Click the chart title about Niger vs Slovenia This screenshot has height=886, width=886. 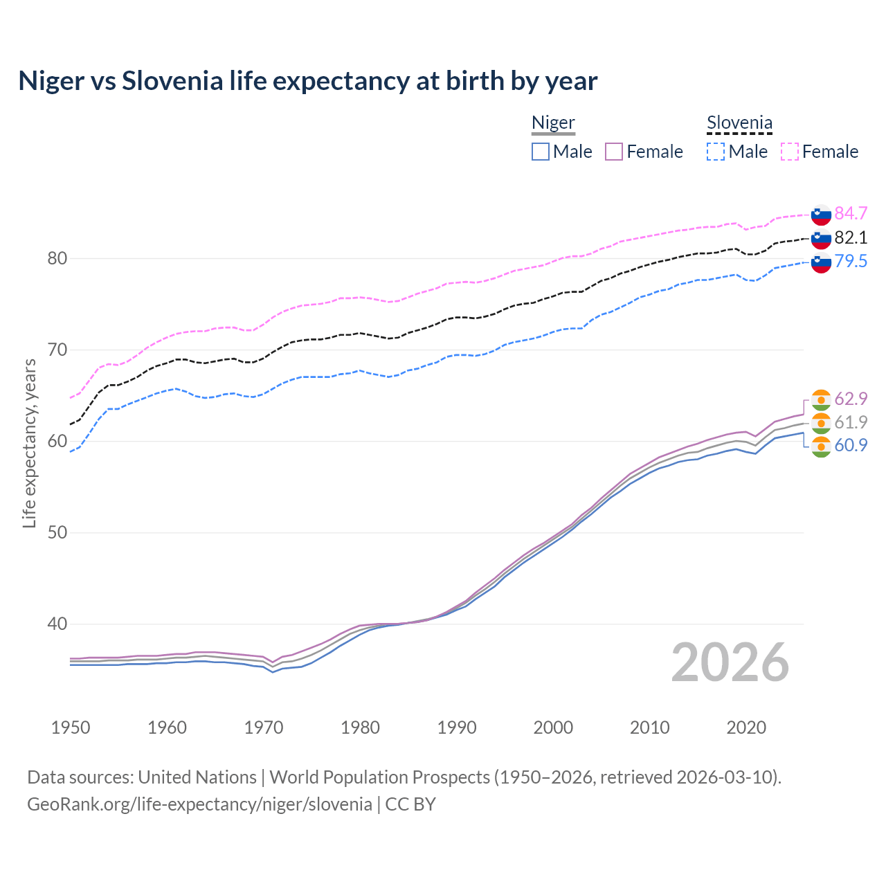(x=307, y=81)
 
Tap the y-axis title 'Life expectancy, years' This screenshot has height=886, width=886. (x=29, y=443)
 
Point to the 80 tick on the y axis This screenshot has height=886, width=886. (x=57, y=259)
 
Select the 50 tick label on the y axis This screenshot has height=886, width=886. (x=57, y=533)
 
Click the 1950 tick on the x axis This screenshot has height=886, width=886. (x=71, y=727)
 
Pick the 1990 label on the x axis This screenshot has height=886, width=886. (x=457, y=727)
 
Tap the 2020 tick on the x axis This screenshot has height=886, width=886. (x=746, y=727)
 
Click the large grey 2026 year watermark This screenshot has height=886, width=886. (x=730, y=662)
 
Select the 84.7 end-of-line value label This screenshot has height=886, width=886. (x=851, y=213)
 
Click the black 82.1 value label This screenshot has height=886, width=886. (x=851, y=237)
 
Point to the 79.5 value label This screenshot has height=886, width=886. (x=851, y=261)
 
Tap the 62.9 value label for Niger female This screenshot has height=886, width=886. (x=851, y=399)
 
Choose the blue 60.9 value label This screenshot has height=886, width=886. (x=851, y=445)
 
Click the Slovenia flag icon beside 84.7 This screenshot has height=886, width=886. (x=821, y=215)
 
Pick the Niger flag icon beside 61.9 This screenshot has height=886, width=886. (x=821, y=423)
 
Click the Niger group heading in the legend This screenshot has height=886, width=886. (x=553, y=123)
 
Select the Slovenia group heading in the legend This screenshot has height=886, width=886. (x=739, y=123)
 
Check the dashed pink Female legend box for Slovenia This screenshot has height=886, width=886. (x=790, y=152)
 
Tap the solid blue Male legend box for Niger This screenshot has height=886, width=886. (x=541, y=152)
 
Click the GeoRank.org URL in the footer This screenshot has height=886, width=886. (x=199, y=804)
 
